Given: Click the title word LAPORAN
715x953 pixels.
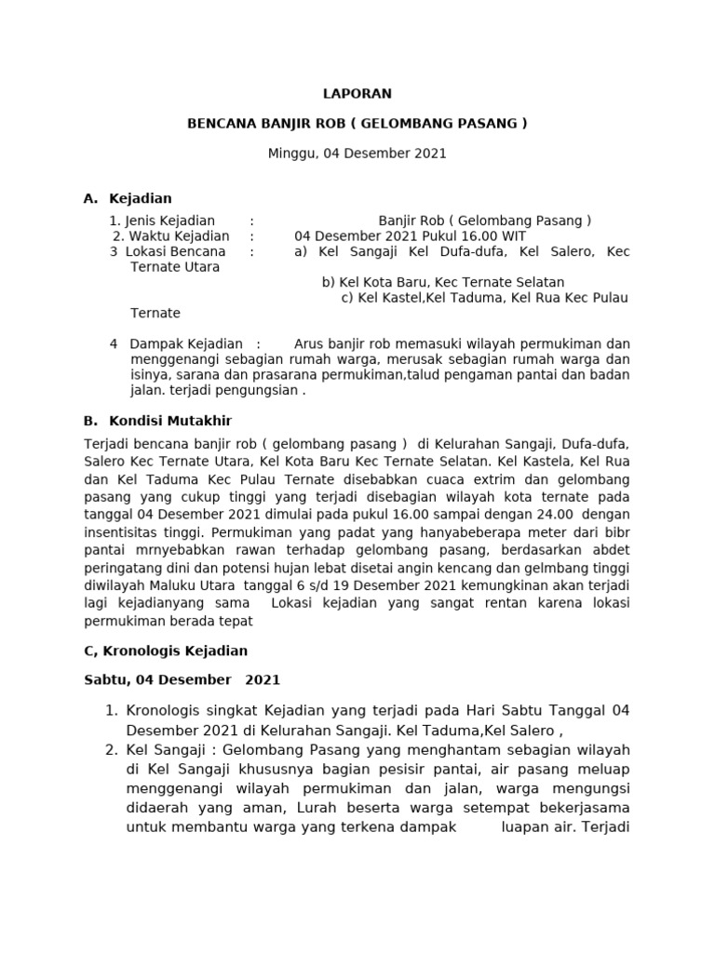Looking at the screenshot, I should pos(357,93).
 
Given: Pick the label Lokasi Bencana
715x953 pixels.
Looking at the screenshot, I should pos(175,251).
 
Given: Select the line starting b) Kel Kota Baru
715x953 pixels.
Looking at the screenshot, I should pos(443,282).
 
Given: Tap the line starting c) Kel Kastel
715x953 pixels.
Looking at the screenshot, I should pos(484,298).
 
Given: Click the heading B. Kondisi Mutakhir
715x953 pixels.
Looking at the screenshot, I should pos(157,421).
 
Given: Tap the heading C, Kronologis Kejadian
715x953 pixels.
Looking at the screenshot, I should pos(166,651).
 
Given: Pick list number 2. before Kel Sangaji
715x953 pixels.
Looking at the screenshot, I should pos(111,749).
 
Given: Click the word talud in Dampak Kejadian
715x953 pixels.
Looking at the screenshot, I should pos(439,375).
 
